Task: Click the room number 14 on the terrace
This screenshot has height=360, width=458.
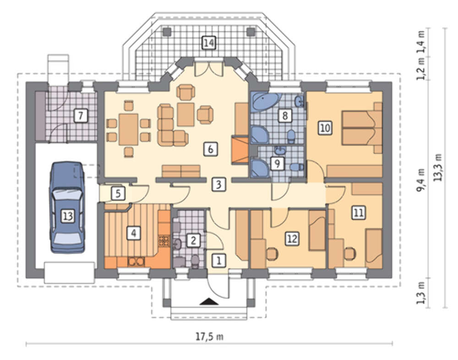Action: [209, 43]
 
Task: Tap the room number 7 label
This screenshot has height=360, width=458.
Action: [80, 115]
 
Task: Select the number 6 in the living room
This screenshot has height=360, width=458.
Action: [210, 149]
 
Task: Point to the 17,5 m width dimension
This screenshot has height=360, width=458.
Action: [209, 337]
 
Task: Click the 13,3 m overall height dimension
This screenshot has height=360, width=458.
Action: [438, 168]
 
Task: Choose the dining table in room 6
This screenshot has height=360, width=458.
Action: [129, 130]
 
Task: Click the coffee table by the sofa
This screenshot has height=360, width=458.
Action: [186, 114]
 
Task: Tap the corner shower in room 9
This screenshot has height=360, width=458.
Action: [259, 168]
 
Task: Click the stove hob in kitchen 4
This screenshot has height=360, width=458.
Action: [164, 240]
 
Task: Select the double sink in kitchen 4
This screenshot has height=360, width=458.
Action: [136, 261]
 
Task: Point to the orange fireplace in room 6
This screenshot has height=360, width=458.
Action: [240, 150]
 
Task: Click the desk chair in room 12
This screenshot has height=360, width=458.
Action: [272, 253]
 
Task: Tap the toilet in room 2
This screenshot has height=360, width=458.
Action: [195, 261]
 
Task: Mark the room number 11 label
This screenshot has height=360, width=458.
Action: [359, 213]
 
